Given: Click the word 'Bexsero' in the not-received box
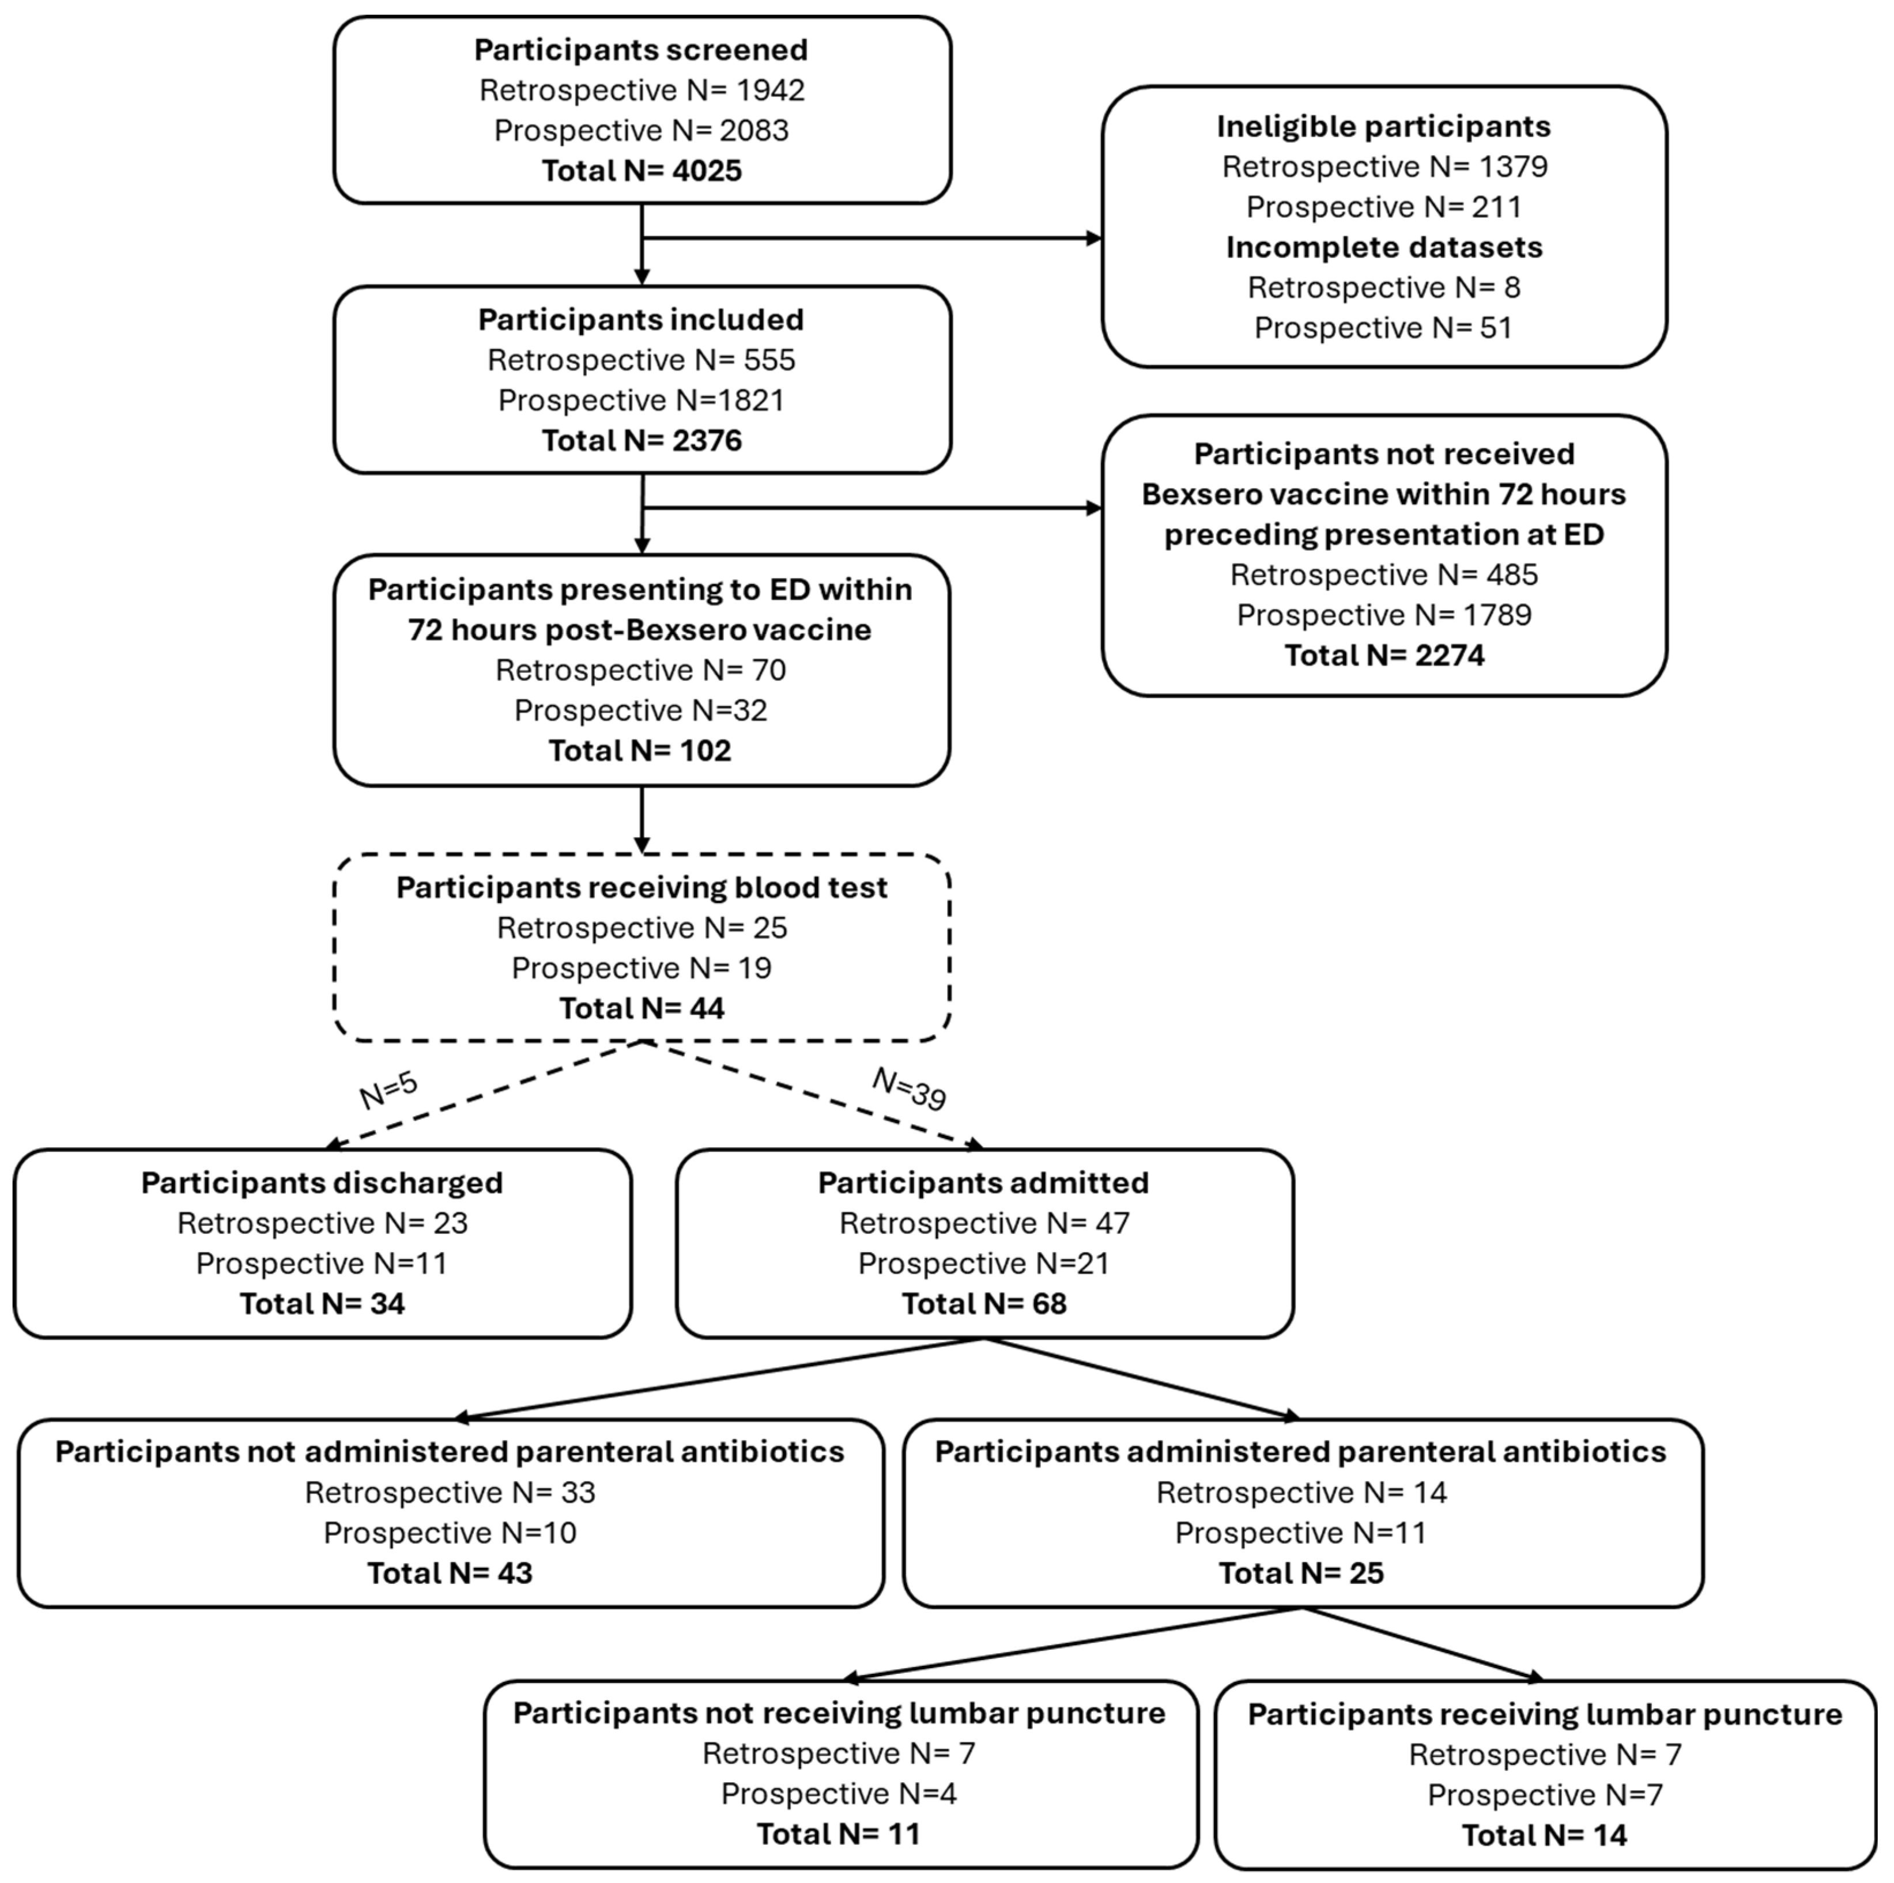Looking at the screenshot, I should click(1206, 494).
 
